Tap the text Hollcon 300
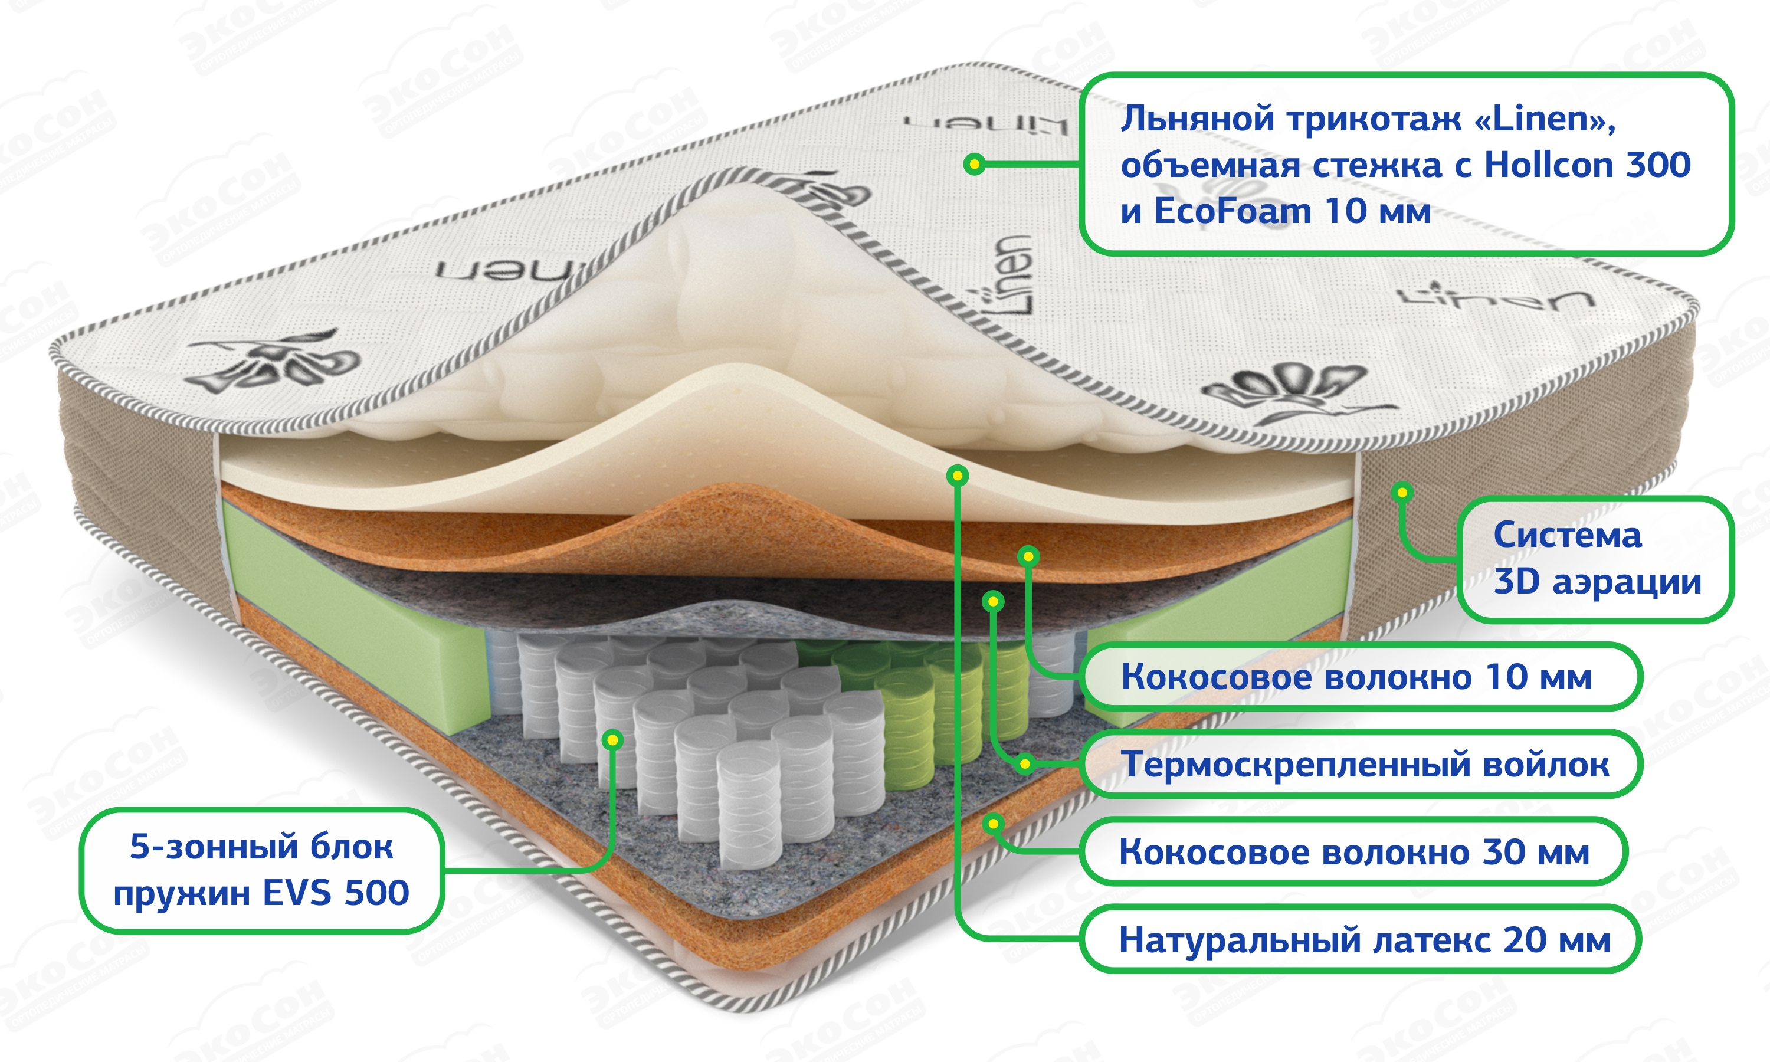(x=1587, y=165)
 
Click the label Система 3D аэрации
(x=1596, y=559)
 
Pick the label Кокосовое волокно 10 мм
(x=1356, y=677)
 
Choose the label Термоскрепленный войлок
(x=1364, y=764)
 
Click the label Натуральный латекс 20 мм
(x=1363, y=940)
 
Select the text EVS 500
(x=336, y=893)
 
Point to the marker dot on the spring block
(x=612, y=739)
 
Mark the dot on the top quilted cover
(x=973, y=165)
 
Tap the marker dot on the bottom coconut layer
(x=992, y=824)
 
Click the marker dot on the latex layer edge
(x=957, y=475)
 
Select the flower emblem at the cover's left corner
(x=276, y=362)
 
